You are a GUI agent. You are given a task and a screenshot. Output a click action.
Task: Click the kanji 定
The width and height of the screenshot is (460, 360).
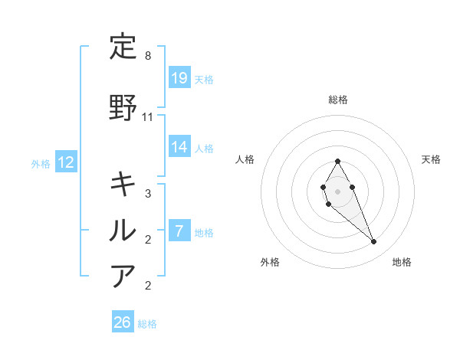(123, 48)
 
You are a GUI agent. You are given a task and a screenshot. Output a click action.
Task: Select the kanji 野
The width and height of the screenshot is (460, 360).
(123, 108)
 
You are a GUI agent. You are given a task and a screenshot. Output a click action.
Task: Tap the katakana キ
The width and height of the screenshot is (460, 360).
(123, 184)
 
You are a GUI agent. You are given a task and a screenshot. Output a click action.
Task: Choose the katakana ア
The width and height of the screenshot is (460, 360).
(123, 276)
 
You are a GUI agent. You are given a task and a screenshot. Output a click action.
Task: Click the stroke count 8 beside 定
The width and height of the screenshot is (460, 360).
(148, 57)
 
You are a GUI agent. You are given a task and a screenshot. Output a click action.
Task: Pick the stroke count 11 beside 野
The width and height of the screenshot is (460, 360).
(148, 117)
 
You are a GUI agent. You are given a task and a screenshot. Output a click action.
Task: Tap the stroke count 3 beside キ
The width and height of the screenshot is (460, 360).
(148, 194)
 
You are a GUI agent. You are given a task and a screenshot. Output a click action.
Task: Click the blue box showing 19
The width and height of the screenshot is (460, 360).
(179, 77)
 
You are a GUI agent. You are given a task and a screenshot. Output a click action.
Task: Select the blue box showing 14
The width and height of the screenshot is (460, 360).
(179, 146)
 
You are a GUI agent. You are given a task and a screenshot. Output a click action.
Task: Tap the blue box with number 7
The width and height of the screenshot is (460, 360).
(179, 231)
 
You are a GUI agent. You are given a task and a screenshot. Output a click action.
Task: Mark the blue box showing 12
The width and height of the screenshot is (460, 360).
(66, 162)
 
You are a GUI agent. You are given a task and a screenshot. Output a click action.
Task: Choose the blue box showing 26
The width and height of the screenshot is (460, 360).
(123, 322)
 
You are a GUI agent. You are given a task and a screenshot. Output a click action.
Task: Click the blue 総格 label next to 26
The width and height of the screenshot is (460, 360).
(147, 324)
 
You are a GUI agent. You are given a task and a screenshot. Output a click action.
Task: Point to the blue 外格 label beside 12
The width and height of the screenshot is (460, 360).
(41, 163)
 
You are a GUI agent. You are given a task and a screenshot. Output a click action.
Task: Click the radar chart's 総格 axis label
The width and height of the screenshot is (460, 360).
(337, 100)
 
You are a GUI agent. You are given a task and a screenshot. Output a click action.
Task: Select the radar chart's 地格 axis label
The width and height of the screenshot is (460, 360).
(402, 263)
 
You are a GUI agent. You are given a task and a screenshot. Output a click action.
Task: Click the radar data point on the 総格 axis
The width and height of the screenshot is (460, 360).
(337, 161)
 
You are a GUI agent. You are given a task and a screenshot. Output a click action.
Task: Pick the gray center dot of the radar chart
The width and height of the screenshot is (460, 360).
(337, 190)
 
